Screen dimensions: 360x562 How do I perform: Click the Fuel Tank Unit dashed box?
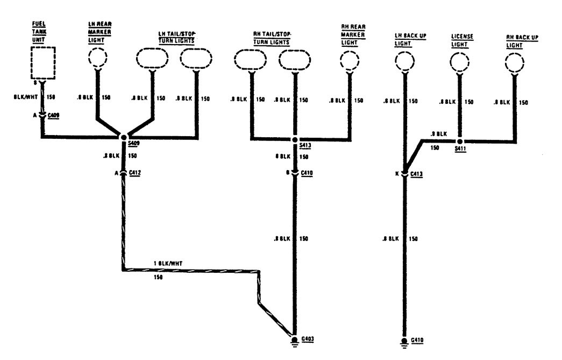point(43,63)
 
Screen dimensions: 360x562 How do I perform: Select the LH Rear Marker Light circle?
point(97,57)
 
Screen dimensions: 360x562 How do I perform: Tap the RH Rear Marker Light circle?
point(350,60)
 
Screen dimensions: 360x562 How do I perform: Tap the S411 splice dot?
point(460,141)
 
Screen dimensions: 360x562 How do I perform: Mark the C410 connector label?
point(306,173)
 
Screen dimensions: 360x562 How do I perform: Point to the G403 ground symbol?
point(295,341)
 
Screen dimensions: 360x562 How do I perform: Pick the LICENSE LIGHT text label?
point(462,40)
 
